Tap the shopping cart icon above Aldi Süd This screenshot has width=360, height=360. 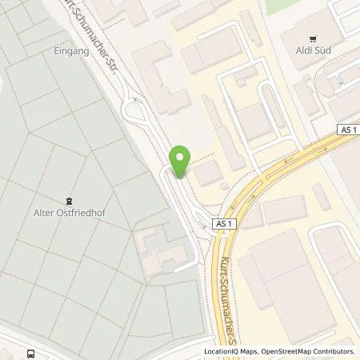312,38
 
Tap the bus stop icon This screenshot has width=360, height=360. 30,353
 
